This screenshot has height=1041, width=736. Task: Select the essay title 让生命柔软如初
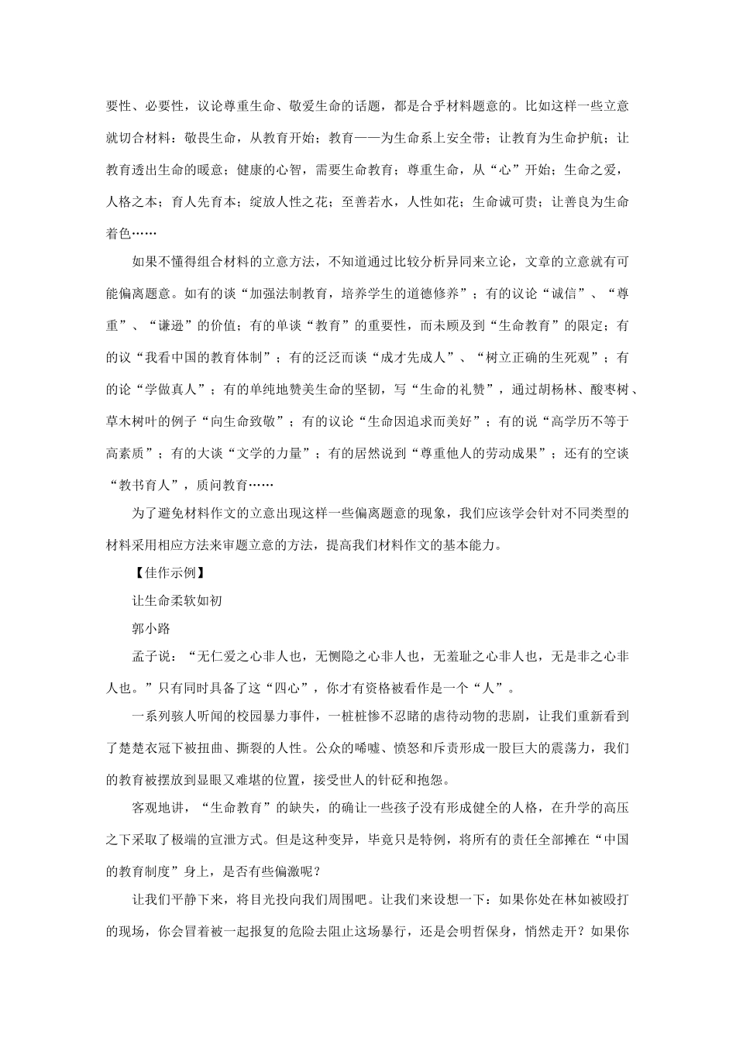177,601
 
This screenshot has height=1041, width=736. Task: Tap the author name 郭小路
151,628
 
